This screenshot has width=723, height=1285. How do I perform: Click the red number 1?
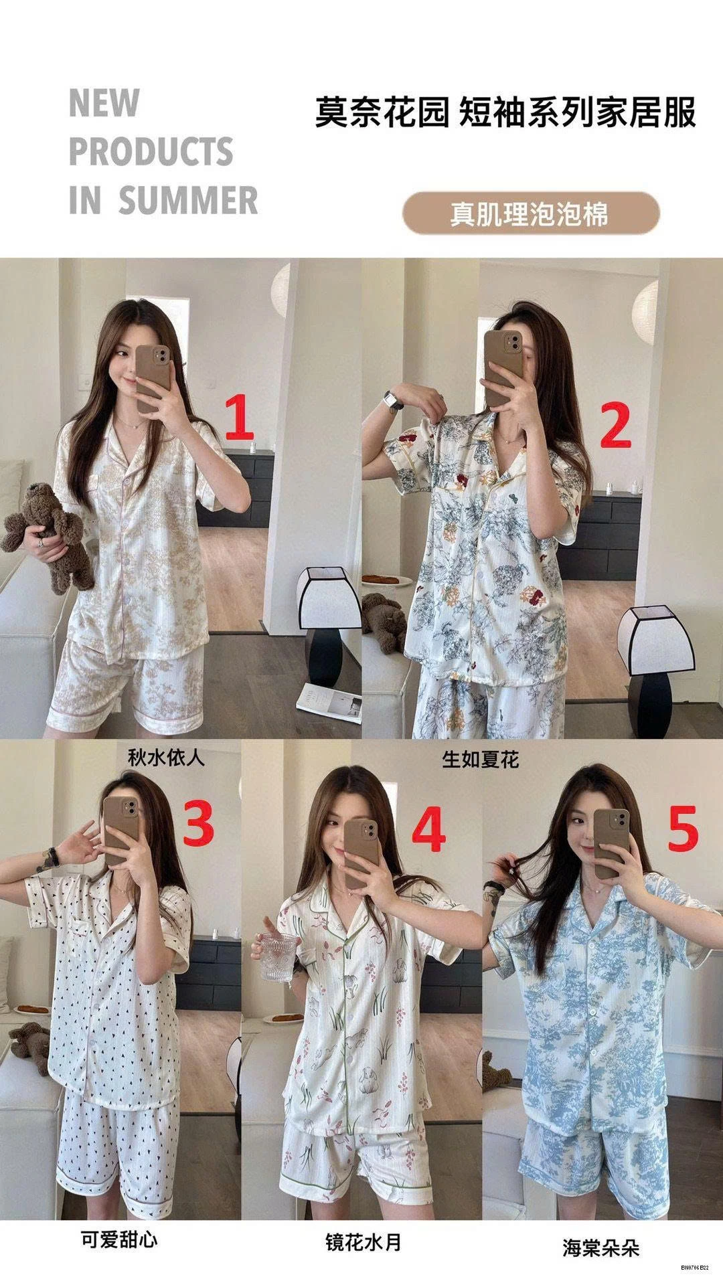[x=240, y=418]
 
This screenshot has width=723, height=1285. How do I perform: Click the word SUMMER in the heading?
[x=188, y=201]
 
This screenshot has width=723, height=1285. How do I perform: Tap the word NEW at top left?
[x=104, y=104]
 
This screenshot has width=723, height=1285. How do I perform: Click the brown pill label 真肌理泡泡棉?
[x=530, y=213]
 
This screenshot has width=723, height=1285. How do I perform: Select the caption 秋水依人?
[x=165, y=758]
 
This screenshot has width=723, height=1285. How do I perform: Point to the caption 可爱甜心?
[x=119, y=1220]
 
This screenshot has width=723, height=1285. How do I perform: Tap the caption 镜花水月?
[x=364, y=1223]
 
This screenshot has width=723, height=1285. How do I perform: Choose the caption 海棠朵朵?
[x=600, y=1229]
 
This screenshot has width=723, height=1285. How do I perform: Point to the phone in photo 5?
[x=610, y=843]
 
